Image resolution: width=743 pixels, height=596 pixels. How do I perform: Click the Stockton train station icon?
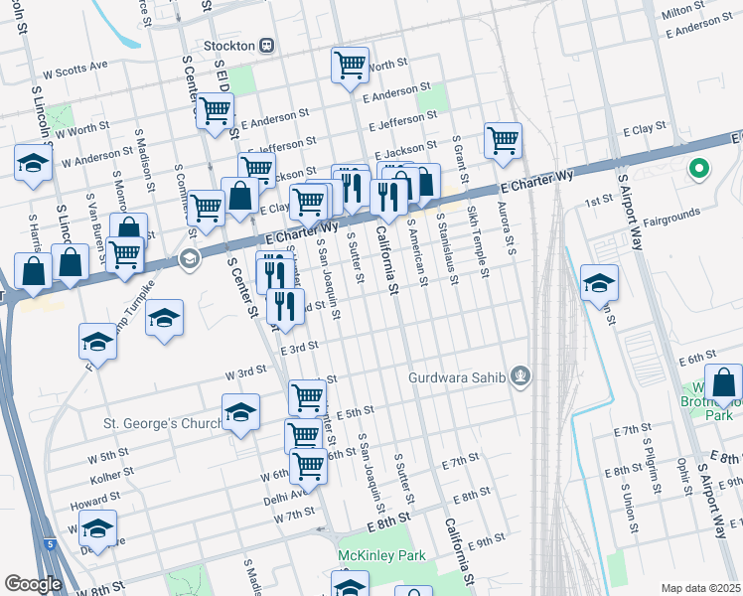pos(266,46)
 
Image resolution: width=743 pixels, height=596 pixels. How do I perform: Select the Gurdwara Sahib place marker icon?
pos(520,376)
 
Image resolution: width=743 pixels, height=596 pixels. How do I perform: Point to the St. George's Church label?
pos(164,424)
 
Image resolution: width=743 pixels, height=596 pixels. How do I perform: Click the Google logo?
pos(32,584)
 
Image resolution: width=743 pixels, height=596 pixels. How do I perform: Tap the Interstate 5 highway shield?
pos(49,543)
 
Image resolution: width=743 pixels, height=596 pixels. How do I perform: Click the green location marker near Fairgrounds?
pos(698,170)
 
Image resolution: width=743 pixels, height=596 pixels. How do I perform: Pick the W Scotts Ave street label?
pos(75,68)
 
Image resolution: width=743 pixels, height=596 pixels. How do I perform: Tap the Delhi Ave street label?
pos(285,492)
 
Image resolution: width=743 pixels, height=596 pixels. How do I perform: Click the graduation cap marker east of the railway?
pos(599,282)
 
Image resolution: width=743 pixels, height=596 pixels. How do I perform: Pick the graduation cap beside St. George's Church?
pos(240,413)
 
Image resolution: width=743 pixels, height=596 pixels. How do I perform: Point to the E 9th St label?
pos(487,542)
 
